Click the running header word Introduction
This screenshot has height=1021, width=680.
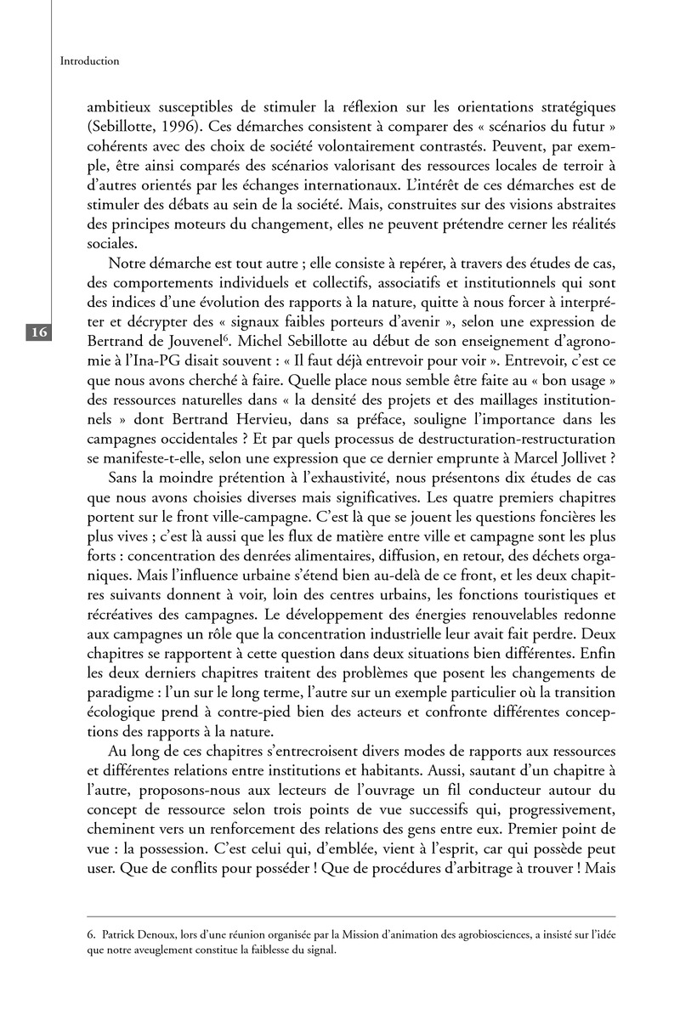90,61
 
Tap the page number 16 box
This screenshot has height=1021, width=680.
39,332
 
